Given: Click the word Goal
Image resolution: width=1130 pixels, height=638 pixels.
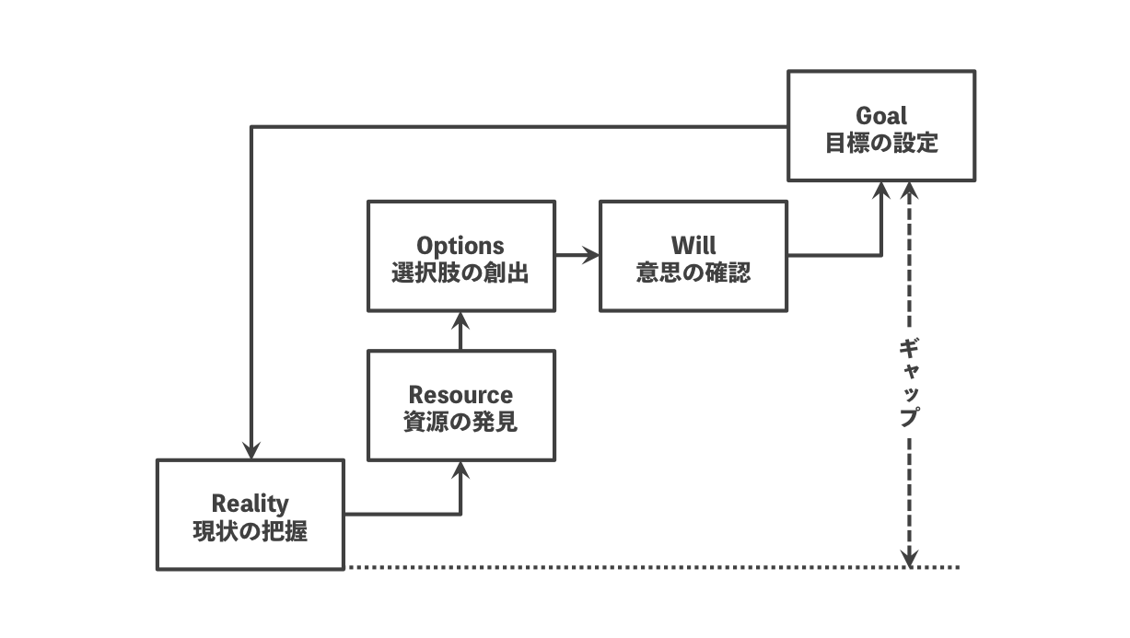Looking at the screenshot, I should coord(881,116).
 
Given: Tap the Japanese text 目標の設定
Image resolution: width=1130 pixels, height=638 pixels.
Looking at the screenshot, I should coord(881,144).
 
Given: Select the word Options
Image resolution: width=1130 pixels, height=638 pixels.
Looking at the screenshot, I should coord(460,247).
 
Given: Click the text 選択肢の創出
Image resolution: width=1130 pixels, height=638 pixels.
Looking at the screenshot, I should coord(460,273).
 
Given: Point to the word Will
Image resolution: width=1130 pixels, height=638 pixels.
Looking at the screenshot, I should coord(693,247).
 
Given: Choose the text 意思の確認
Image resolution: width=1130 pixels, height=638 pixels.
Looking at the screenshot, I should coord(693,273).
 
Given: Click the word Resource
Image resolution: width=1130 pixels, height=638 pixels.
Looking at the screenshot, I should coord(460,395).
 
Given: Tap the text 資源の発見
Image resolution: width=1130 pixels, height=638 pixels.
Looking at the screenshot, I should coord(460,423).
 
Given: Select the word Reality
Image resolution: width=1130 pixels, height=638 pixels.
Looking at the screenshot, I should coord(250,504).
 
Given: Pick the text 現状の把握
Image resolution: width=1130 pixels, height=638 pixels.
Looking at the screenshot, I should coord(250,531).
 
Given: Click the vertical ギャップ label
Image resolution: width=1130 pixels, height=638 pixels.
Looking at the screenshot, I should coord(909,382).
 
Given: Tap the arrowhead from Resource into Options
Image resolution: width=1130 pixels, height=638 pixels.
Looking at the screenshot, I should coord(461,320).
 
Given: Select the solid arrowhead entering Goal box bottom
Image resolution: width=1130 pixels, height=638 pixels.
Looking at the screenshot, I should coord(881,191).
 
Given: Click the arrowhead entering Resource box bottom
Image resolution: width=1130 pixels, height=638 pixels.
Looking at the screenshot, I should coord(461,470).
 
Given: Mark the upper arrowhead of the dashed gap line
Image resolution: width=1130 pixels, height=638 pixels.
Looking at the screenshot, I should coord(909,191).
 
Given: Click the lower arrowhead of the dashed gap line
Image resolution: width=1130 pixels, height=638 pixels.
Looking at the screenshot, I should coord(909,558).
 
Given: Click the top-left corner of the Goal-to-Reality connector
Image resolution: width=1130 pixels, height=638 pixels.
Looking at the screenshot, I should coord(251,127).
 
